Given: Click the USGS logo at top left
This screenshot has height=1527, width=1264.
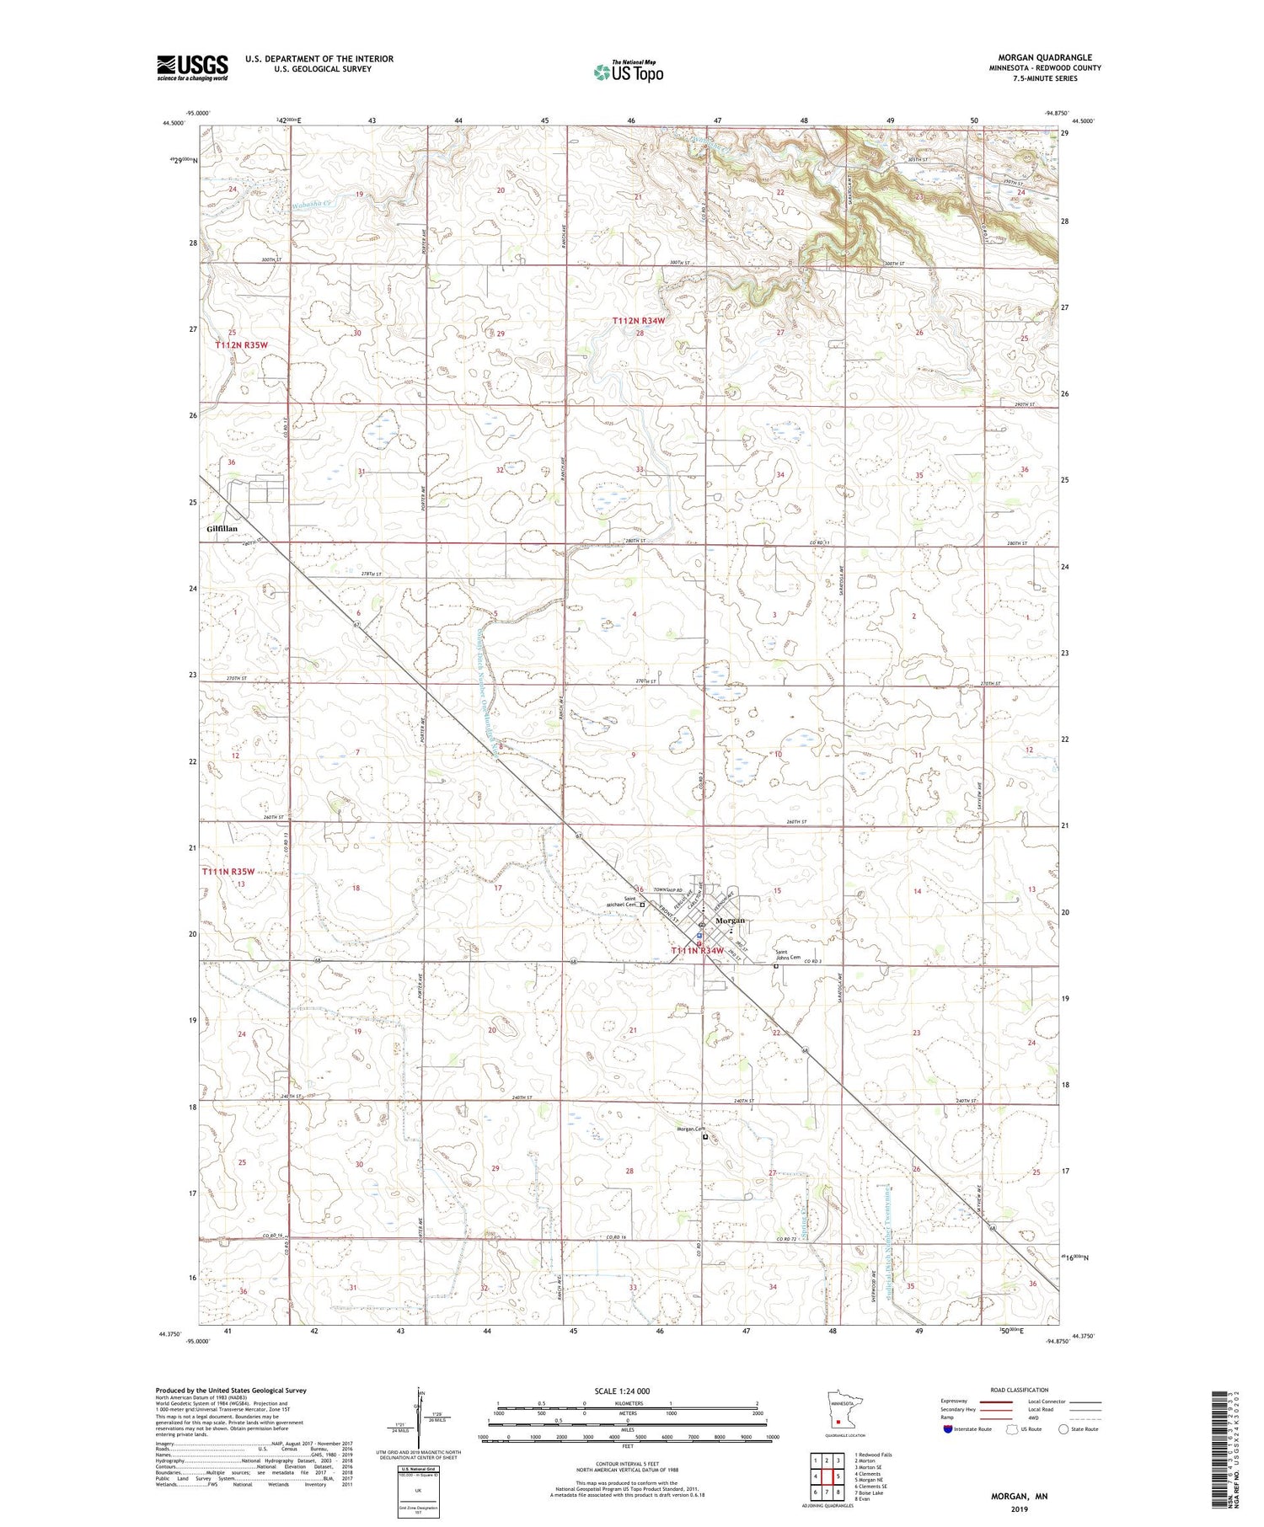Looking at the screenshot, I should (192, 67).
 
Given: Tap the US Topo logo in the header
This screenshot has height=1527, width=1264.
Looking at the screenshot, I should (628, 72).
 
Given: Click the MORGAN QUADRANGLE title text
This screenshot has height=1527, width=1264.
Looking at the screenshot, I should (1045, 57).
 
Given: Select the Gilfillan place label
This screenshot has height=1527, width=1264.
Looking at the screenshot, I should (222, 528).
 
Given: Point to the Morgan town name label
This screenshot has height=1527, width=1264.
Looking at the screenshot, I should (730, 921).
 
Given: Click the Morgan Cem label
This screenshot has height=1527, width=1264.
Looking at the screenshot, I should (688, 1129).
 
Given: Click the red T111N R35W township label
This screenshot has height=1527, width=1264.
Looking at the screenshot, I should (228, 872).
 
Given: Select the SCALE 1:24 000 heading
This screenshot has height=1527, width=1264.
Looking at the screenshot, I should (628, 1391).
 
